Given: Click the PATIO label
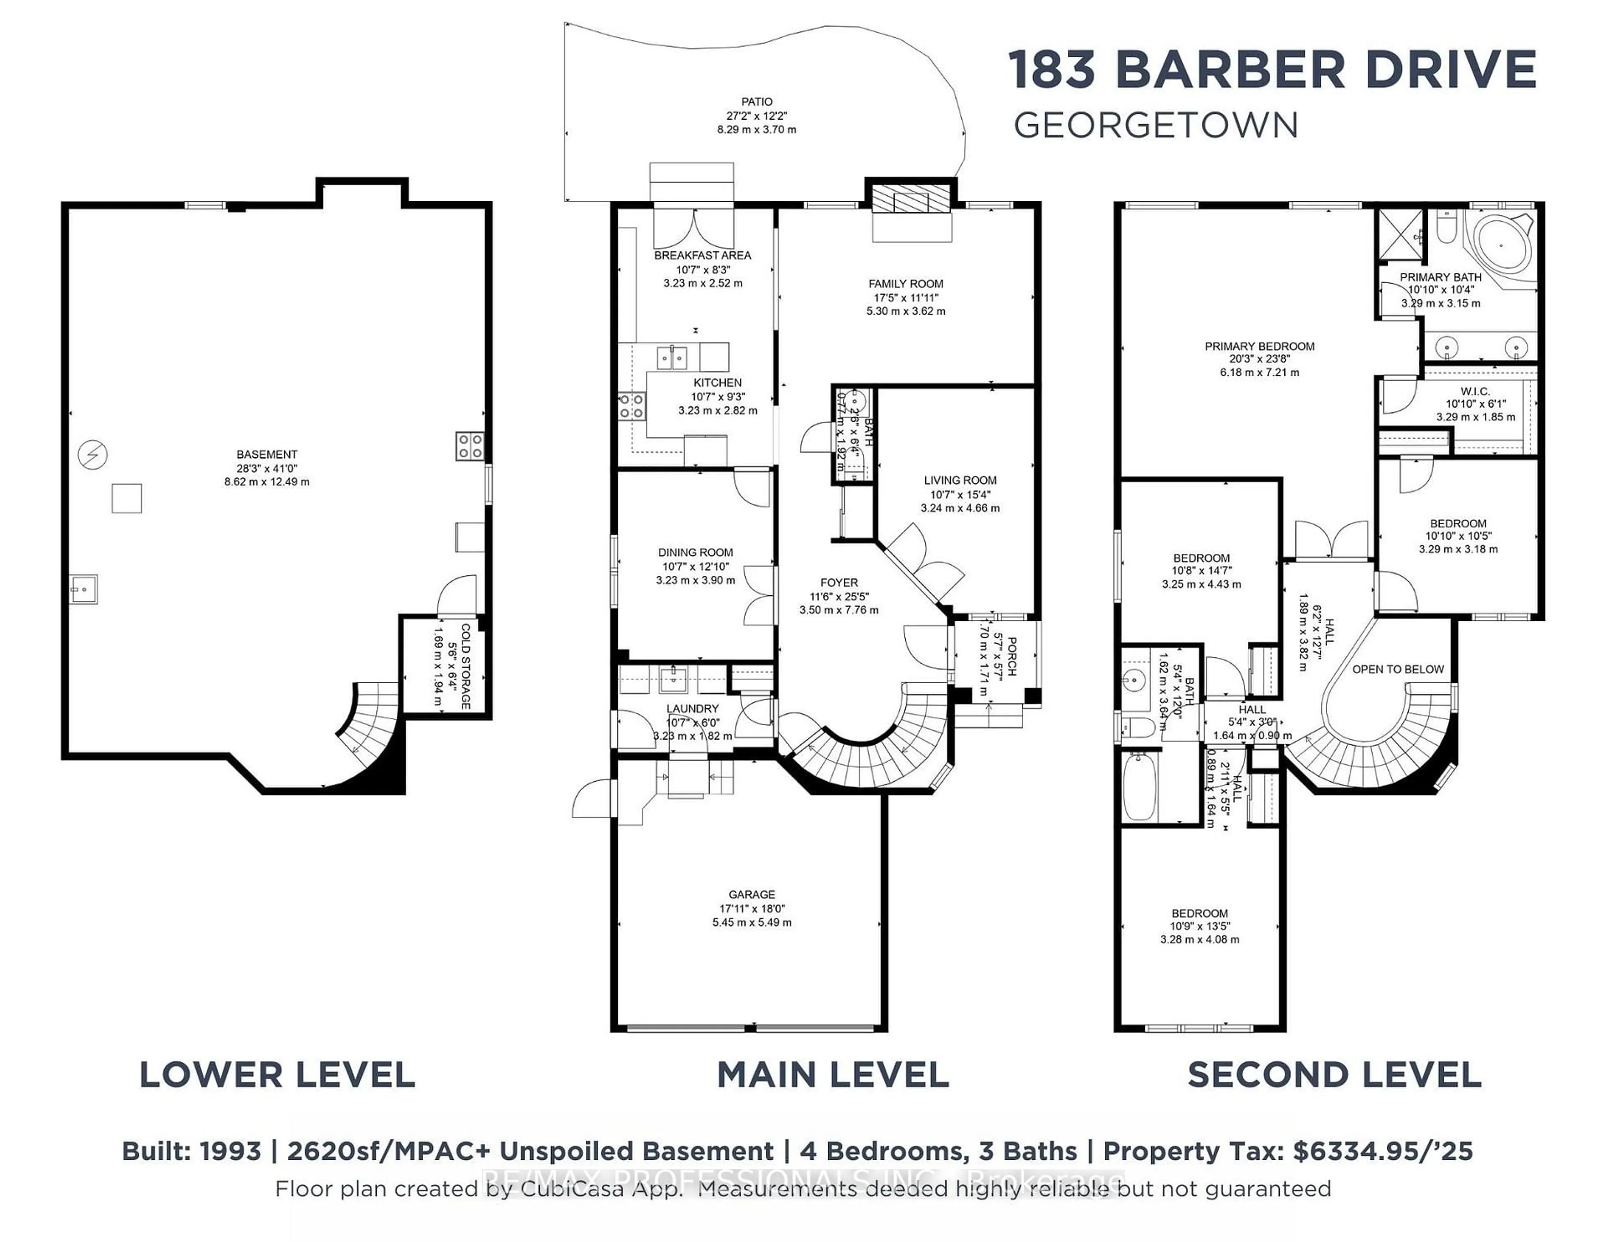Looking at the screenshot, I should pyautogui.click(x=756, y=102).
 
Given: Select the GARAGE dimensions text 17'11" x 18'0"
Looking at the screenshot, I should pyautogui.click(x=752, y=908).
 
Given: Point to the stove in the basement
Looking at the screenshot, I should pyautogui.click(x=470, y=446).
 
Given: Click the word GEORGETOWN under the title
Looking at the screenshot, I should pyautogui.click(x=1155, y=126).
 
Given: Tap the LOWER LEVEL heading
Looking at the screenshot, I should pyautogui.click(x=277, y=1075).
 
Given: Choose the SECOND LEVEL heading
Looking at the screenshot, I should pyautogui.click(x=1334, y=1075).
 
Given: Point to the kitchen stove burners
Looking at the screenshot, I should pyautogui.click(x=632, y=406).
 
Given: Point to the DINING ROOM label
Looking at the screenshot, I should pyautogui.click(x=696, y=552).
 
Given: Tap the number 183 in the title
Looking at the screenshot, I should pyautogui.click(x=1052, y=70).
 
